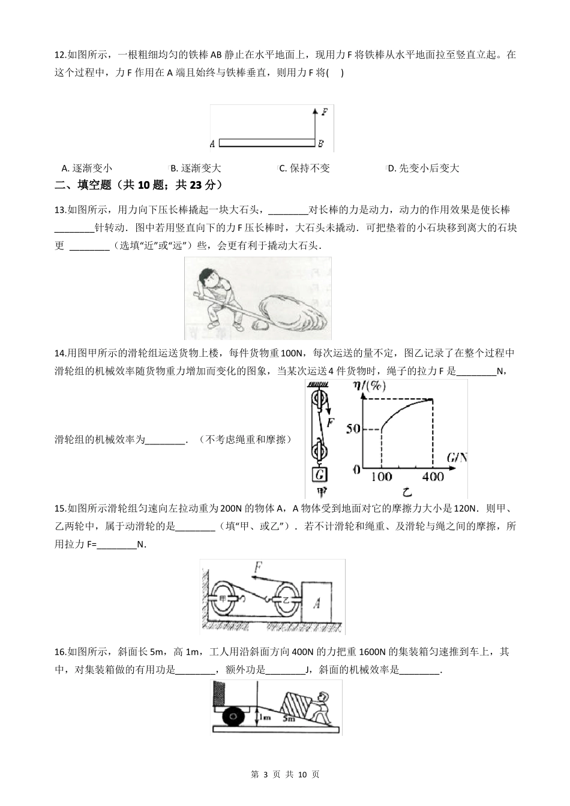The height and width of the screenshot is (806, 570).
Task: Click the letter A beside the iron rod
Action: point(212,144)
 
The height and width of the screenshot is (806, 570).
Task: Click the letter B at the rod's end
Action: point(321,144)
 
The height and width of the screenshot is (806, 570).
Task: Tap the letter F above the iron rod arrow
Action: point(325,112)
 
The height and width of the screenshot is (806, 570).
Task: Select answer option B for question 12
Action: point(196,169)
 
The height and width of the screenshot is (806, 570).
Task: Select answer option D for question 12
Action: point(423,169)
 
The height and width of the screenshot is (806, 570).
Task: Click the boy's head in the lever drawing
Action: point(208,279)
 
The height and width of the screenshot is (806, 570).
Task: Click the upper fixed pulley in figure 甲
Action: point(319,399)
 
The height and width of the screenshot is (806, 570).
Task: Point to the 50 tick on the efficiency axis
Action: point(353,429)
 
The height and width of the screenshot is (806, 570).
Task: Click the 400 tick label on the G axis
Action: point(431,477)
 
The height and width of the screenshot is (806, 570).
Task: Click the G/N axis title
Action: point(456,459)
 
